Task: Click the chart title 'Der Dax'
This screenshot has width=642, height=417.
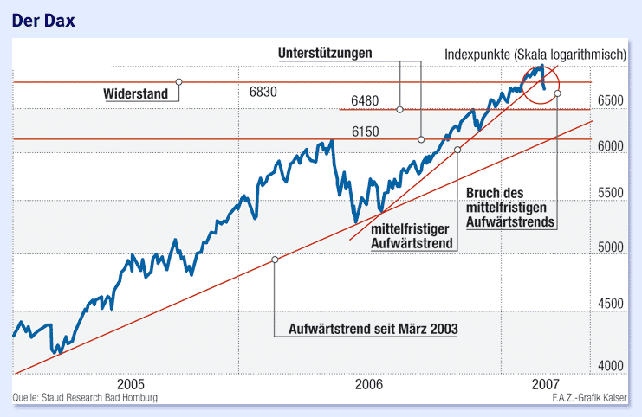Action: pos(42,20)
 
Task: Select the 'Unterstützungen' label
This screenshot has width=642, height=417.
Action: pos(325,54)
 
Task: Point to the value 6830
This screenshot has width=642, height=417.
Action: pos(263,92)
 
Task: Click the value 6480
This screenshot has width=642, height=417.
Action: pos(365,101)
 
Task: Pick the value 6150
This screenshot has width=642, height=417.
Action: pos(365,131)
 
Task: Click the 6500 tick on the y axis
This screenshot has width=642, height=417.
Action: pos(611,101)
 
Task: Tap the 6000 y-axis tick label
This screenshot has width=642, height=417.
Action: pos(611,147)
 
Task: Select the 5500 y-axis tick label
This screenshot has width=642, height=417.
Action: pos(611,194)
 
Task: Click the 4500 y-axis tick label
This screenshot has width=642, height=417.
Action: pos(611,304)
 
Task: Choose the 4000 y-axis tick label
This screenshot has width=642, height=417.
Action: pos(611,367)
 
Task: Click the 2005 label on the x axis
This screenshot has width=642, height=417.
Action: pos(130,383)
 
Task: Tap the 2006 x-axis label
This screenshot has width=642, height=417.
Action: pos(369,383)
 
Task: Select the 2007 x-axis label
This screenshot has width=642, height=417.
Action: pos(543,383)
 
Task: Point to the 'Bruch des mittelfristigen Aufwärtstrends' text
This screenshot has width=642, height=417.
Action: pos(509,207)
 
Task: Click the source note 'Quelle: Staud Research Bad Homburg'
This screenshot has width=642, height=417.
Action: pos(85,398)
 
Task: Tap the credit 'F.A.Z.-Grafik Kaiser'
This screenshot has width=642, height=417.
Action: pos(590,398)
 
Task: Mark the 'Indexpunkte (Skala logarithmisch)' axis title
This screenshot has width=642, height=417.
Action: pos(535,55)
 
